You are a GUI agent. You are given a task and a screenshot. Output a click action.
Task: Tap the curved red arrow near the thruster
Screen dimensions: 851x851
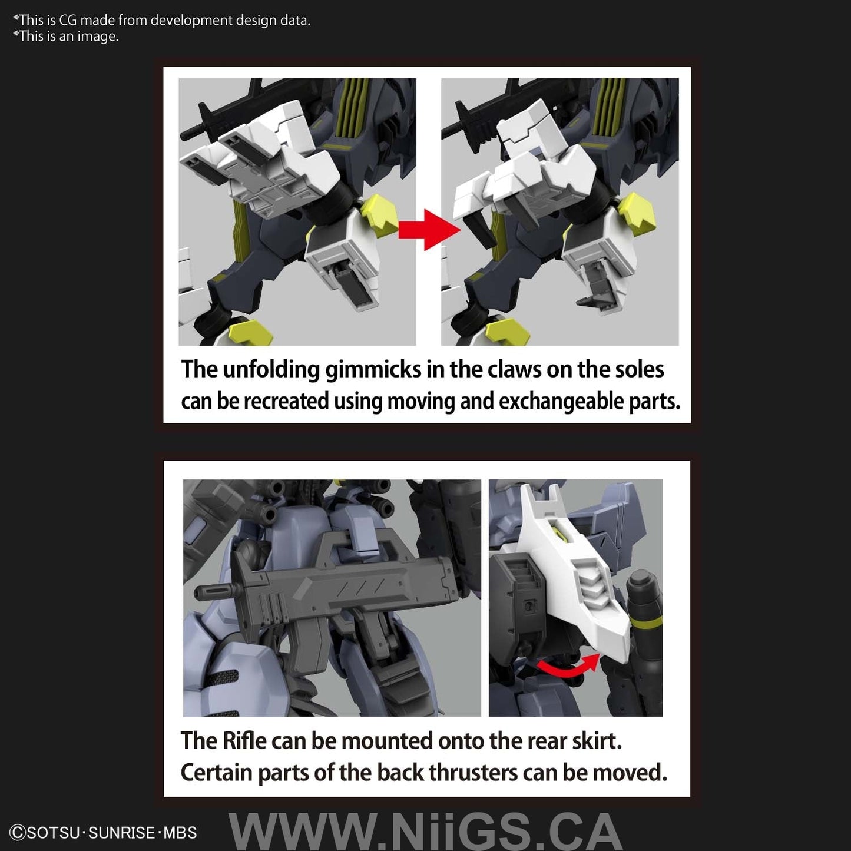click(568, 667)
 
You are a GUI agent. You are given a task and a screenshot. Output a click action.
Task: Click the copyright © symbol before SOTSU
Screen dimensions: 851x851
click(18, 833)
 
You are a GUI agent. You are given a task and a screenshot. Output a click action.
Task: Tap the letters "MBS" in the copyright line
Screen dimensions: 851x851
click(180, 833)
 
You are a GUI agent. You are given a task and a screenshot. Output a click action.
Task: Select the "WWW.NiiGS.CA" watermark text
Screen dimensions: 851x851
click(425, 832)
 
